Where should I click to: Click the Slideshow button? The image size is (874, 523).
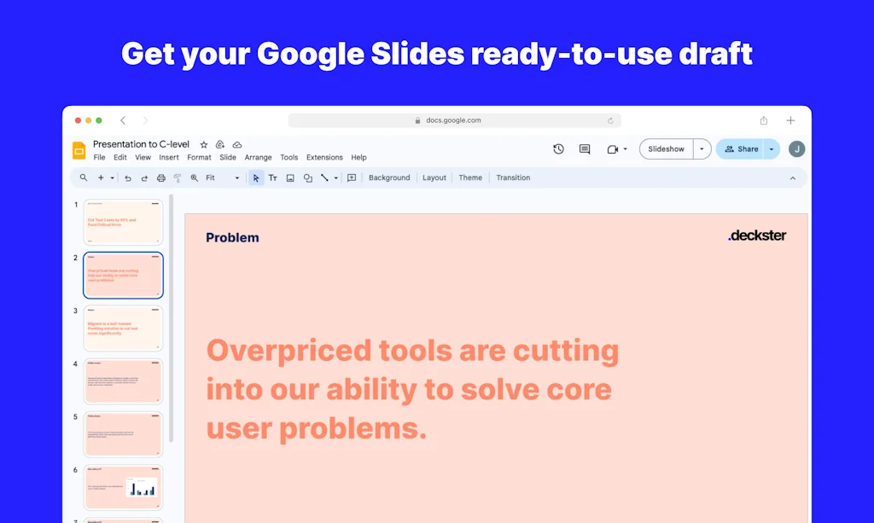tap(666, 149)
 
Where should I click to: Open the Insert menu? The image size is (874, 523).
tap(169, 158)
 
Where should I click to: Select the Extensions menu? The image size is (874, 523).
tap(324, 158)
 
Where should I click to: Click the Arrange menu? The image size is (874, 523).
tap(258, 158)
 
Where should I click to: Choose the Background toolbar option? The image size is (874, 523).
tap(389, 178)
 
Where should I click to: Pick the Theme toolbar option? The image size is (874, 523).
tap(470, 178)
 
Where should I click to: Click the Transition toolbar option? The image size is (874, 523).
tap(513, 178)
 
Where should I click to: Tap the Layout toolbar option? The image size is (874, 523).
tap(434, 178)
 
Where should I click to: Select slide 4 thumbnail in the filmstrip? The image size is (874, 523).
tap(123, 381)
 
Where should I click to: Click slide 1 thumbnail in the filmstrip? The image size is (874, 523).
tap(123, 222)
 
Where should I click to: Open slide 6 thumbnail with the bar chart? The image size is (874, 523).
tap(123, 486)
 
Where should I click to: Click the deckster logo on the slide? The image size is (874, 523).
tap(757, 235)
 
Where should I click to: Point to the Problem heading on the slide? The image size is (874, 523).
tap(232, 238)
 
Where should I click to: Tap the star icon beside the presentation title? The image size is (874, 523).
tap(204, 145)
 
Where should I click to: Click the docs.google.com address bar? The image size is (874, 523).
tap(454, 121)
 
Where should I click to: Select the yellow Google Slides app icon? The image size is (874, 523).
tap(79, 151)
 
